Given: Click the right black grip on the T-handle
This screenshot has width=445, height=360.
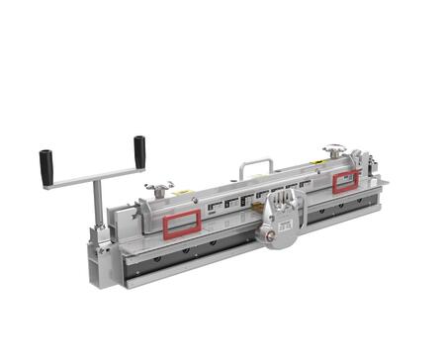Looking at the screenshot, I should (139, 149).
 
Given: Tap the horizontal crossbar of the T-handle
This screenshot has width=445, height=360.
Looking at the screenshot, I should (95, 175).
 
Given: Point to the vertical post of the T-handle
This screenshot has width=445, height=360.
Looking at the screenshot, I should (97, 203).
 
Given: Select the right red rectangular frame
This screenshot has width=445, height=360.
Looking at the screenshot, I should (345, 181).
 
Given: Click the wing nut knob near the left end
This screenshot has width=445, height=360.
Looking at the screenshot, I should (157, 187).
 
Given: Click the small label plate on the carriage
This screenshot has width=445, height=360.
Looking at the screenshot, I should (287, 225).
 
